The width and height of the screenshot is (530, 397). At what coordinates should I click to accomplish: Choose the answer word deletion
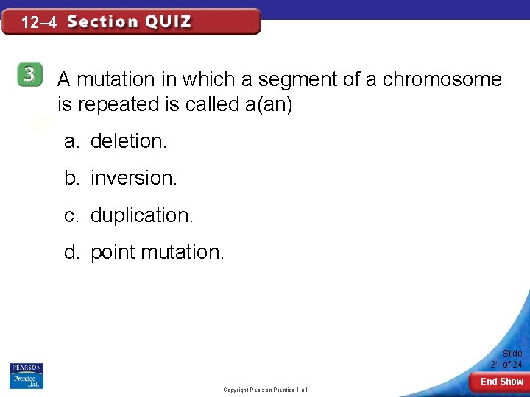point(129,141)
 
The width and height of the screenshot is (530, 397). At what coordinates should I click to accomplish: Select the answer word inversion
point(134,178)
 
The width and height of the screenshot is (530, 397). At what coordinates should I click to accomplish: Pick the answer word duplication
point(141,215)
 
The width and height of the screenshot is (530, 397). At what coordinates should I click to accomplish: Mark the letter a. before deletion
point(71,141)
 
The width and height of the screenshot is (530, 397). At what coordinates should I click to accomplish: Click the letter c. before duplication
point(71,215)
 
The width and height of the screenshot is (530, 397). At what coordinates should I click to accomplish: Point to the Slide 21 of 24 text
point(506,359)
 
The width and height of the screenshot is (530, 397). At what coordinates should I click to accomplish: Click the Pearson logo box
point(26,368)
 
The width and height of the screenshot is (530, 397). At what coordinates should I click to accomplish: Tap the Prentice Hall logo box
point(26,381)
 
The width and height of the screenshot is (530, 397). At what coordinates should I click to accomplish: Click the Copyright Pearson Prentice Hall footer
point(266,390)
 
